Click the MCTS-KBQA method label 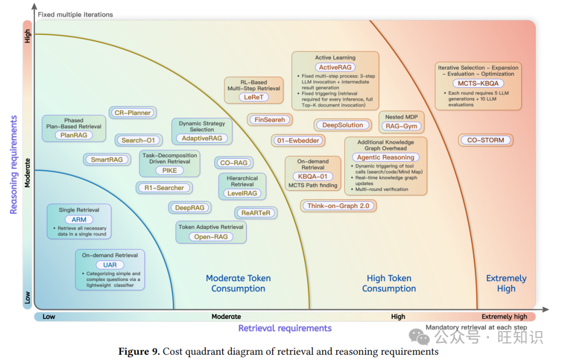(x=478, y=83)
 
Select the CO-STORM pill (x=486, y=140)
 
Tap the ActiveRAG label (x=336, y=67)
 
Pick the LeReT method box (x=254, y=97)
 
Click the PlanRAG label (x=73, y=135)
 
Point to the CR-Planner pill (x=133, y=113)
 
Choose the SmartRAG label (x=107, y=160)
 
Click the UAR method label (x=110, y=265)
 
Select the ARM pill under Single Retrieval (x=79, y=220)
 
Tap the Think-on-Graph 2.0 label (x=338, y=206)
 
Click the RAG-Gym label (x=402, y=126)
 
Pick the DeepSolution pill (x=342, y=125)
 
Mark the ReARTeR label (x=256, y=213)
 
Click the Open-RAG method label (x=211, y=237)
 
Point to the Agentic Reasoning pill (x=386, y=157)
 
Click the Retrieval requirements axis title (x=285, y=328)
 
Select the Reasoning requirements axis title (x=14, y=164)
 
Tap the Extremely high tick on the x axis (x=504, y=317)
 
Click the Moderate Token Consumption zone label (x=238, y=284)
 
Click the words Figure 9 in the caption (x=139, y=352)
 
